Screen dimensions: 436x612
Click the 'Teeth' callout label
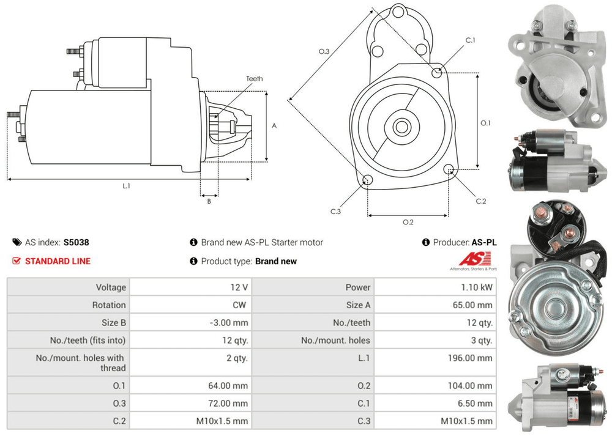255,79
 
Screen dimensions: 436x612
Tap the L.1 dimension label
127,186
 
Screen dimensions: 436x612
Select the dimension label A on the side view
274,126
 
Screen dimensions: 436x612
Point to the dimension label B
209,201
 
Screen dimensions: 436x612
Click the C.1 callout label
470,40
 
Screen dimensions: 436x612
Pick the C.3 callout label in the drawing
335,212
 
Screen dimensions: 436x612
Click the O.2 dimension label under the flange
408,222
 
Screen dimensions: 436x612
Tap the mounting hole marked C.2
450,169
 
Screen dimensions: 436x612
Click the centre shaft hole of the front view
401,127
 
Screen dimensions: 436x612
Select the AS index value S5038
76,242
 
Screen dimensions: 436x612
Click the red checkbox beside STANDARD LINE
17,261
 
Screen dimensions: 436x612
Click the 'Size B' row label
110,322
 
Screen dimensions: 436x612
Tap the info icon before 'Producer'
426,242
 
